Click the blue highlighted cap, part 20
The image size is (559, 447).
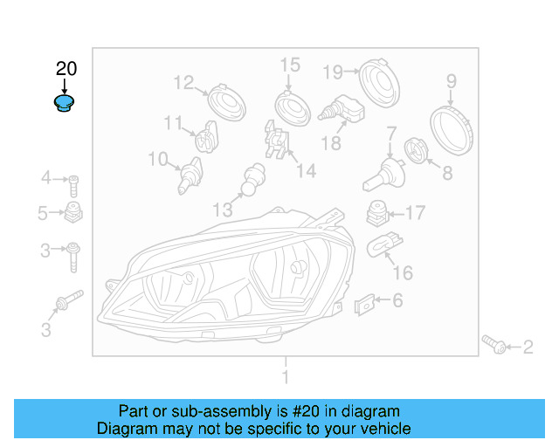[x=64, y=105]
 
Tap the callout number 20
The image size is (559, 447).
[x=66, y=69]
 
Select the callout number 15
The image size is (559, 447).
[x=289, y=65]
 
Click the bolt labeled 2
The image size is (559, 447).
[x=493, y=347]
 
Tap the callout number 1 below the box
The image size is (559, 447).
[x=284, y=377]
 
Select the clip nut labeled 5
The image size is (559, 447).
[x=74, y=213]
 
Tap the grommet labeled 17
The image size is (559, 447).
[x=376, y=212]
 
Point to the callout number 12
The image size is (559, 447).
[x=183, y=83]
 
